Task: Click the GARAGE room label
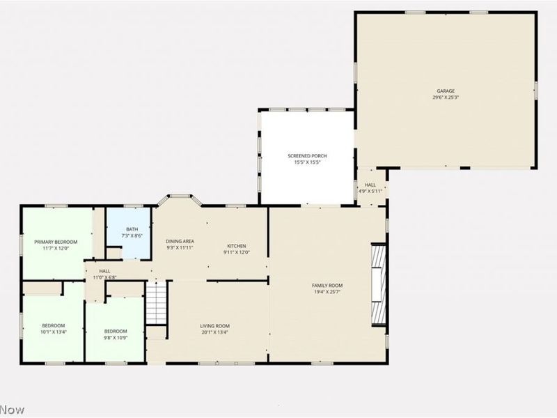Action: pyautogui.click(x=446, y=91)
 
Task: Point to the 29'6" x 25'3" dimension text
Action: pyautogui.click(x=446, y=98)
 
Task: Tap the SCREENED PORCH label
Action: pyautogui.click(x=307, y=155)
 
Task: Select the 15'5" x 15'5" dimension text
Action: pyautogui.click(x=307, y=162)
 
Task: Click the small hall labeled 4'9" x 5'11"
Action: pyautogui.click(x=370, y=187)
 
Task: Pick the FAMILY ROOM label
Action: pyautogui.click(x=327, y=285)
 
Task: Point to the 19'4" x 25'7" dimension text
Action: pyautogui.click(x=327, y=292)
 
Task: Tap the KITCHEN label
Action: pyautogui.click(x=236, y=246)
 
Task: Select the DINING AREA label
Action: pyautogui.click(x=179, y=241)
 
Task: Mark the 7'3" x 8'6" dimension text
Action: pyautogui.click(x=132, y=236)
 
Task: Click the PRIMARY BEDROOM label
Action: pyautogui.click(x=56, y=242)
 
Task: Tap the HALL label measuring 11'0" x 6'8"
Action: pyautogui.click(x=104, y=271)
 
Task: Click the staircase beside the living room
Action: pyautogui.click(x=157, y=303)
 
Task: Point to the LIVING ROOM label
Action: pyautogui.click(x=215, y=325)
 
